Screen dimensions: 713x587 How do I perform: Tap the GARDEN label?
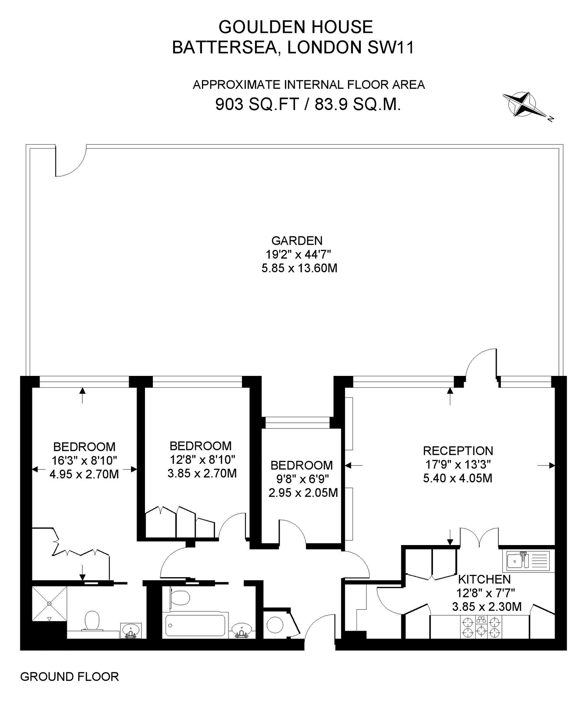tap(297, 240)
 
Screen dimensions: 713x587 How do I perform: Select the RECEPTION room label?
tap(458, 451)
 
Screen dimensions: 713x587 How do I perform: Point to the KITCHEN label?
tap(484, 579)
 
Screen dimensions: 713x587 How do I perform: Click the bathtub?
tap(195, 625)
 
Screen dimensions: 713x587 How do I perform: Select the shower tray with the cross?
tap(49, 604)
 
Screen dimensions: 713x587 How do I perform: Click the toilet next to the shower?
tap(92, 621)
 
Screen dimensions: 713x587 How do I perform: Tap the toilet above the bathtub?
tap(181, 597)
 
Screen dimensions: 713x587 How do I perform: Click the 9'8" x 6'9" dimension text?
tap(303, 479)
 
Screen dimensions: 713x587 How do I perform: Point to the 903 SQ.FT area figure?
tap(257, 105)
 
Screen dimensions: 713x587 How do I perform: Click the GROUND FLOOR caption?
tap(69, 677)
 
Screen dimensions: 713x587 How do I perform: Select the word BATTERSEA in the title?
tap(224, 48)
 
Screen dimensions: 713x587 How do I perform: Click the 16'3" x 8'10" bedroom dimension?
tap(84, 460)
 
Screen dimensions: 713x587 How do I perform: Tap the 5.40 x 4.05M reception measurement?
tap(457, 478)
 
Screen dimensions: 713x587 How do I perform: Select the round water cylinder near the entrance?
tap(274, 625)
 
